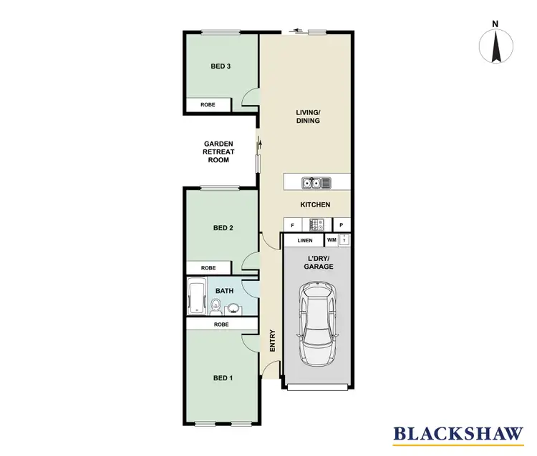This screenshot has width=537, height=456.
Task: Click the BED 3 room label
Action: [x=221, y=66]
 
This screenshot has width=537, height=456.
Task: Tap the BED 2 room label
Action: [x=224, y=229]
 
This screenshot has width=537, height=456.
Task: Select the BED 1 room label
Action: [x=223, y=378]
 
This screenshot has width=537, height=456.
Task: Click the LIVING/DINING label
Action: [x=308, y=117]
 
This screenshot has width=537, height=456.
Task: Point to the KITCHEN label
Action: [x=315, y=205]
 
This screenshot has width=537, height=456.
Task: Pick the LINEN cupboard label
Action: [x=305, y=241]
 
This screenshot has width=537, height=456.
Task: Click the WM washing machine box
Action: [x=332, y=240]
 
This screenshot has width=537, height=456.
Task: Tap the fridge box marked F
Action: [x=292, y=225]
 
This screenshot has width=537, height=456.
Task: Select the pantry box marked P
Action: [x=342, y=225]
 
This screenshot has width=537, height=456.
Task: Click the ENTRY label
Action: [x=272, y=340]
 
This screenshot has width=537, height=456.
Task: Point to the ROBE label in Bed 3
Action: [x=208, y=104]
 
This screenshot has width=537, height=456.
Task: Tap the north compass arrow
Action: [x=495, y=46]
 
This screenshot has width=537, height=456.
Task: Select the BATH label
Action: [x=225, y=292]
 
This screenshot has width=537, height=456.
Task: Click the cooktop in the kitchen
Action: [x=316, y=225]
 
